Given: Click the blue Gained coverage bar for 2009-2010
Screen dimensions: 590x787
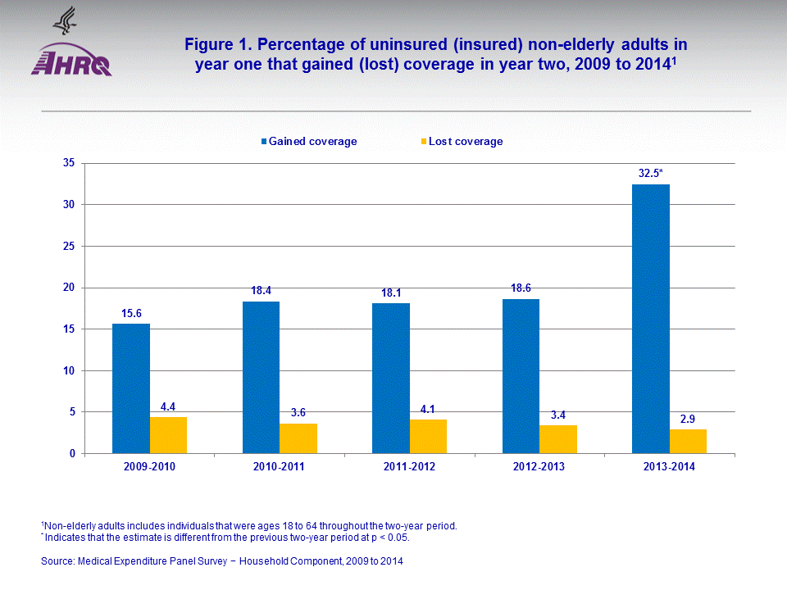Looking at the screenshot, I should coord(131,388).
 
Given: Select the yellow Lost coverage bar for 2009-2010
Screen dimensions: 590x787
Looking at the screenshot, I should coord(168,435).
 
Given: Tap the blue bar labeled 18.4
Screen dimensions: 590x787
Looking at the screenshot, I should coord(261,377).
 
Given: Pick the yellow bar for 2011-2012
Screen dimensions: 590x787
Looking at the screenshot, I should coord(428,436).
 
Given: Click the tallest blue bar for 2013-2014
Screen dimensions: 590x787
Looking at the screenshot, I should coord(651,319).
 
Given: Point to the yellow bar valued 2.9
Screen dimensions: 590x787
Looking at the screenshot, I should coord(688,441).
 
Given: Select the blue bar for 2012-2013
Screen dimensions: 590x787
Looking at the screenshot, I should coord(521,376).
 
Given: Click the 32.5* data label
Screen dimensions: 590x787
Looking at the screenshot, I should coord(651,174).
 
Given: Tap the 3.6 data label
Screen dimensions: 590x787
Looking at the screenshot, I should coord(298,413).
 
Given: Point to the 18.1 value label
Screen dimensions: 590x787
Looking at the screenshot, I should coord(391,293).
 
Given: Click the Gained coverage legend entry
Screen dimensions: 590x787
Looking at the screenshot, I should coord(309,141).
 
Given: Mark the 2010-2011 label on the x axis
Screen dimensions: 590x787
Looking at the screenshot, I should coord(280,466).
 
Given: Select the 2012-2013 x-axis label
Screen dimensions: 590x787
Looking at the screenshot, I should coord(539,466).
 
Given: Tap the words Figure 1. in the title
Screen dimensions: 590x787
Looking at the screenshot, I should coord(215,43).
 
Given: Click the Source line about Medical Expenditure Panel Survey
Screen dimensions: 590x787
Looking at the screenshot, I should coord(222,561).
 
